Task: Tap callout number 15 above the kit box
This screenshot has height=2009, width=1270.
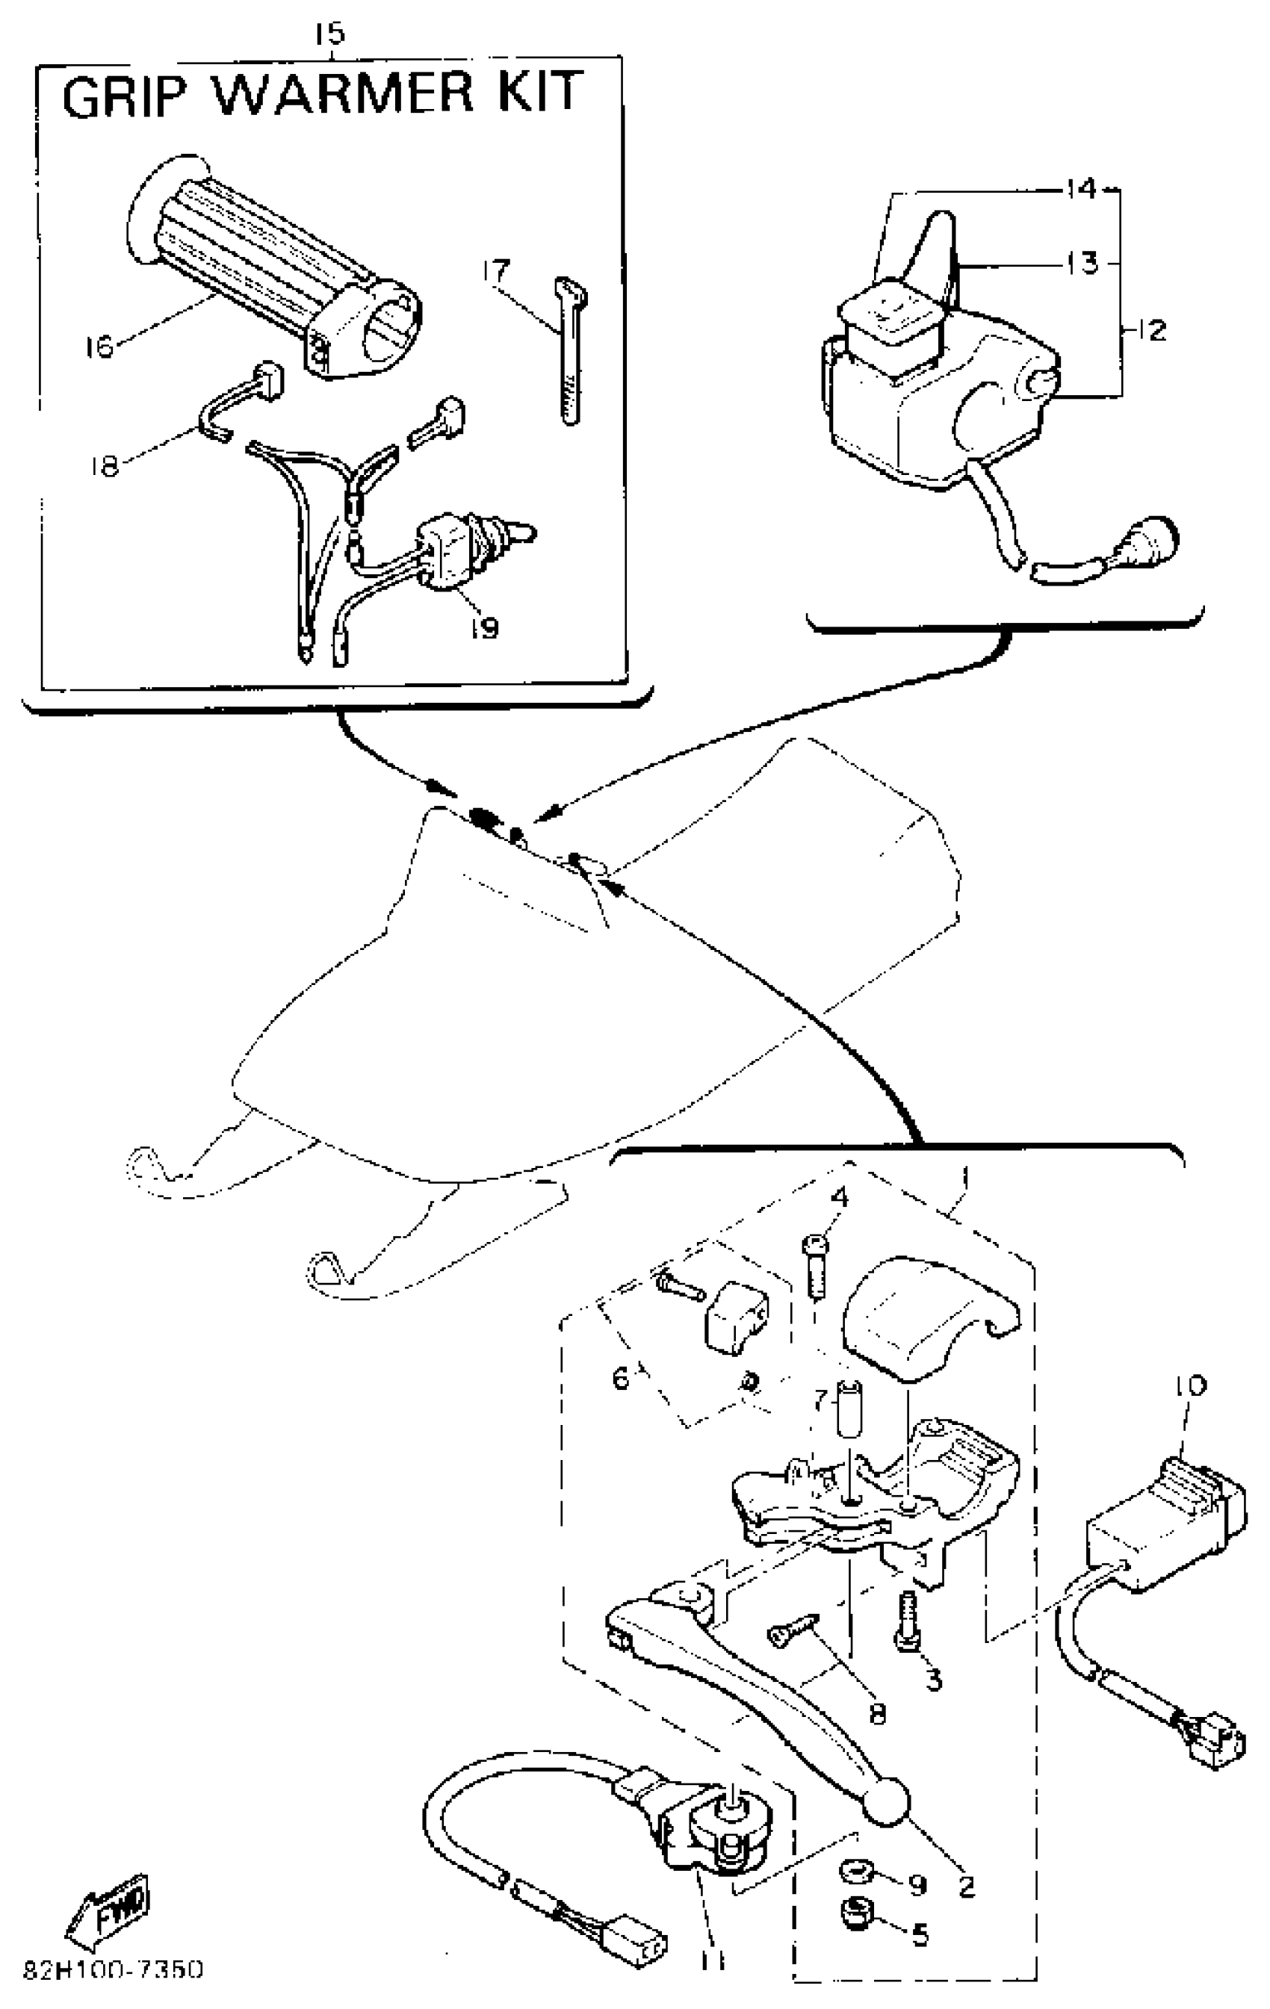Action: tap(329, 35)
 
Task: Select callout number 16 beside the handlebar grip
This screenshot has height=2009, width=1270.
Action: tap(99, 345)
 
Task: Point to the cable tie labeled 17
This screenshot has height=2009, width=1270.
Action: tap(570, 350)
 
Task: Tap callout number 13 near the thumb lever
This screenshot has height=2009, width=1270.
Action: tap(1082, 264)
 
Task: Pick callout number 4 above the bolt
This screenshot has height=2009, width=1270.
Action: tap(839, 1198)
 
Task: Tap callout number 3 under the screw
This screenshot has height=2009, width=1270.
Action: tap(934, 1679)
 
